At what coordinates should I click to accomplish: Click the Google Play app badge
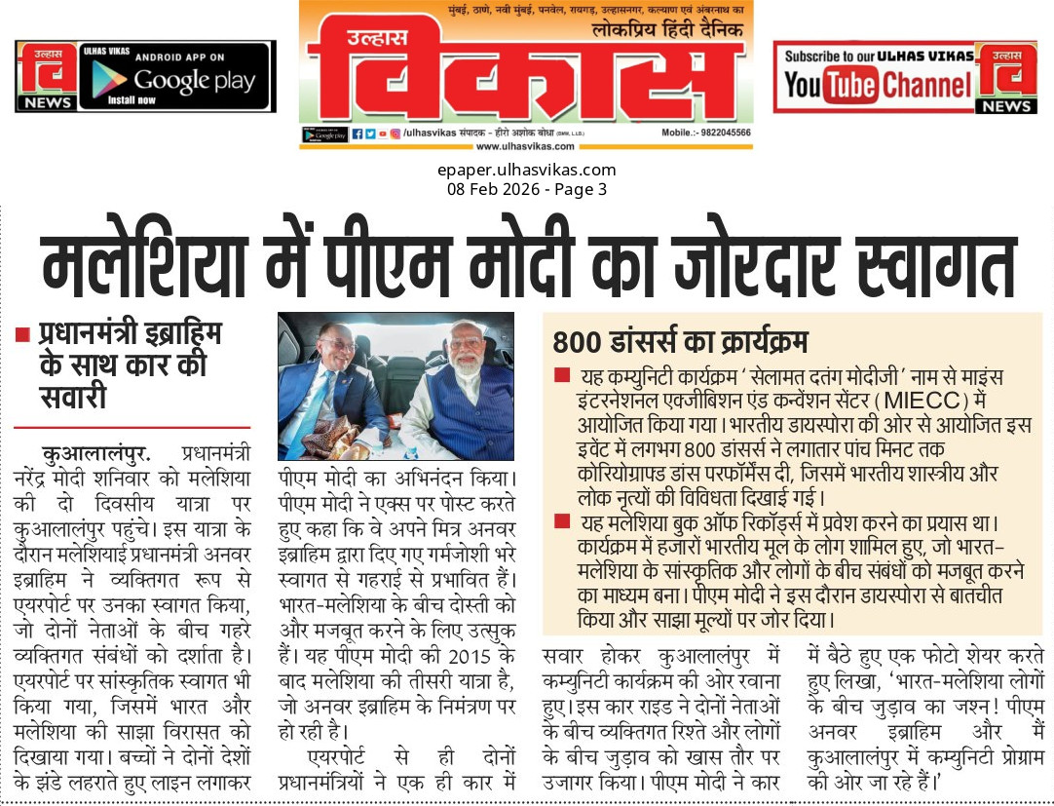[x=175, y=77]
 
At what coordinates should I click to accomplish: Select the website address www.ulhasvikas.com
[x=525, y=146]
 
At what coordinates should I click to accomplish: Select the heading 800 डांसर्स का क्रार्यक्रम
[x=680, y=343]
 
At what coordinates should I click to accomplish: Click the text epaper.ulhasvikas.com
[x=527, y=171]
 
